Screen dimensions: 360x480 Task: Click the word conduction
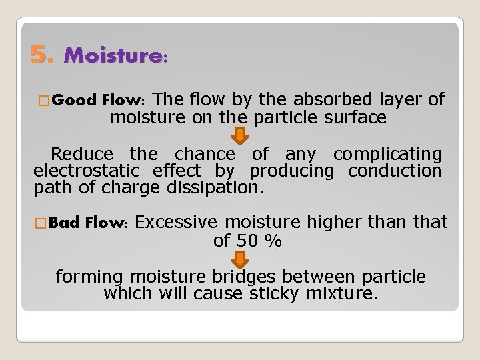[395, 171]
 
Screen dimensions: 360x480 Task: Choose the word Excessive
[179, 222]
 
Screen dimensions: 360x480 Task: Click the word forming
[90, 277]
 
